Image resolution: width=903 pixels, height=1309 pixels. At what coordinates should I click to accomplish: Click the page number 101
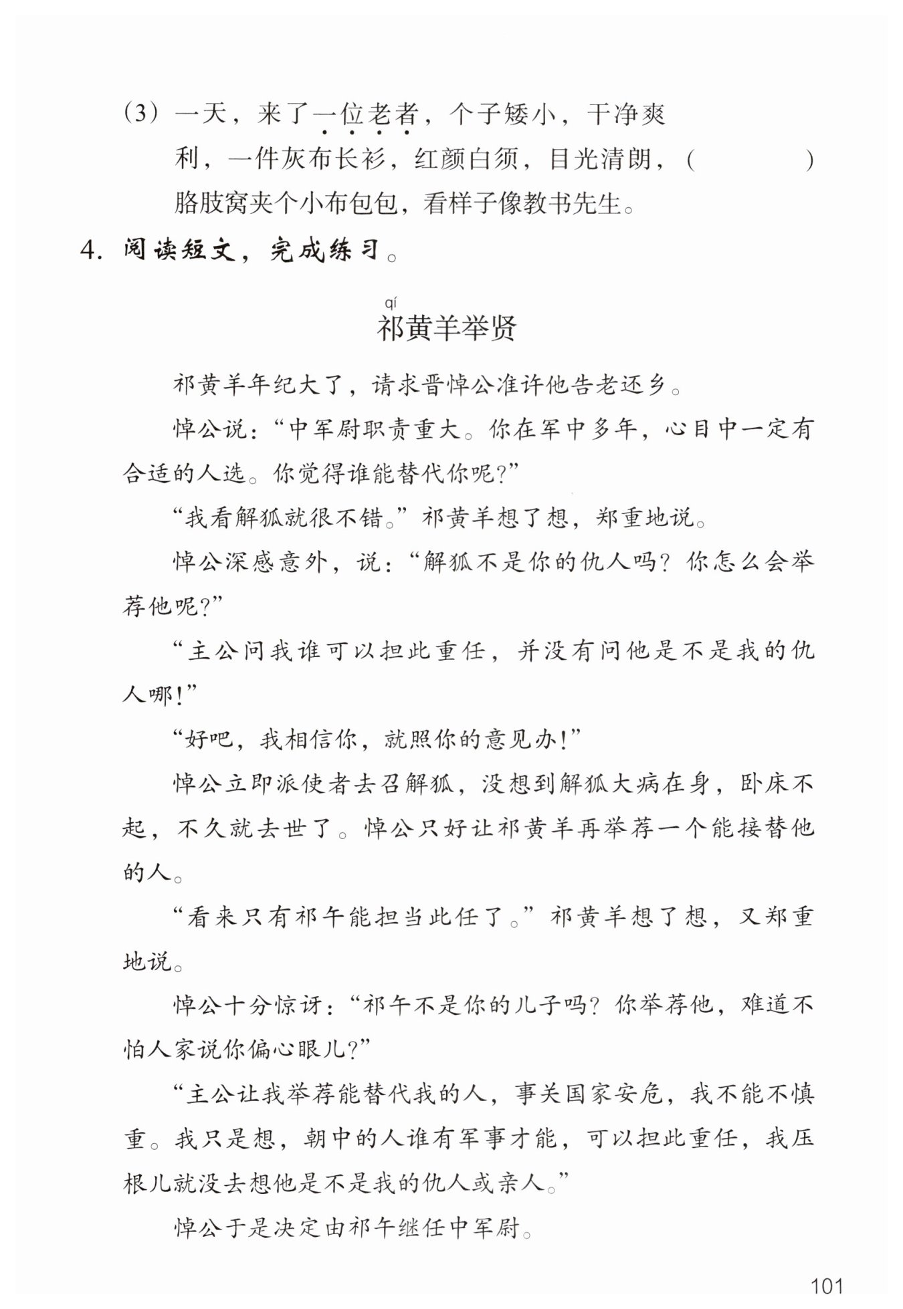[x=826, y=1285]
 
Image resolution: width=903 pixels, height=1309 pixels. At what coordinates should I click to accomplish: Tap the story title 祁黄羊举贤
[x=447, y=328]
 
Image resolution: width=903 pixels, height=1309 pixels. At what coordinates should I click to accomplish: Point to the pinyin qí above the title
[x=391, y=304]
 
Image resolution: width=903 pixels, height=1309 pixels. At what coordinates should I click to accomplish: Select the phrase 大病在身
[x=654, y=784]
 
